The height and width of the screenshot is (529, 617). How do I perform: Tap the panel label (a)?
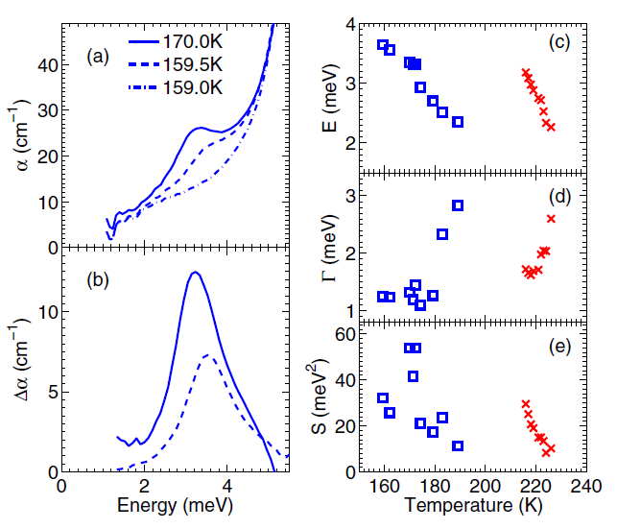(x=98, y=58)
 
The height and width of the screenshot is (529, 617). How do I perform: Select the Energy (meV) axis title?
(x=168, y=505)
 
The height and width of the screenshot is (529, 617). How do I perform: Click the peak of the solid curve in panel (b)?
(x=195, y=273)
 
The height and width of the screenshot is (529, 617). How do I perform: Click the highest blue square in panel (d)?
(x=458, y=205)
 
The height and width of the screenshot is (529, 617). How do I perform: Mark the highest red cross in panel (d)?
(x=551, y=219)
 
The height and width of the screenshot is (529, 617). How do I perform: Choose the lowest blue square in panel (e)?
(x=458, y=445)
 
